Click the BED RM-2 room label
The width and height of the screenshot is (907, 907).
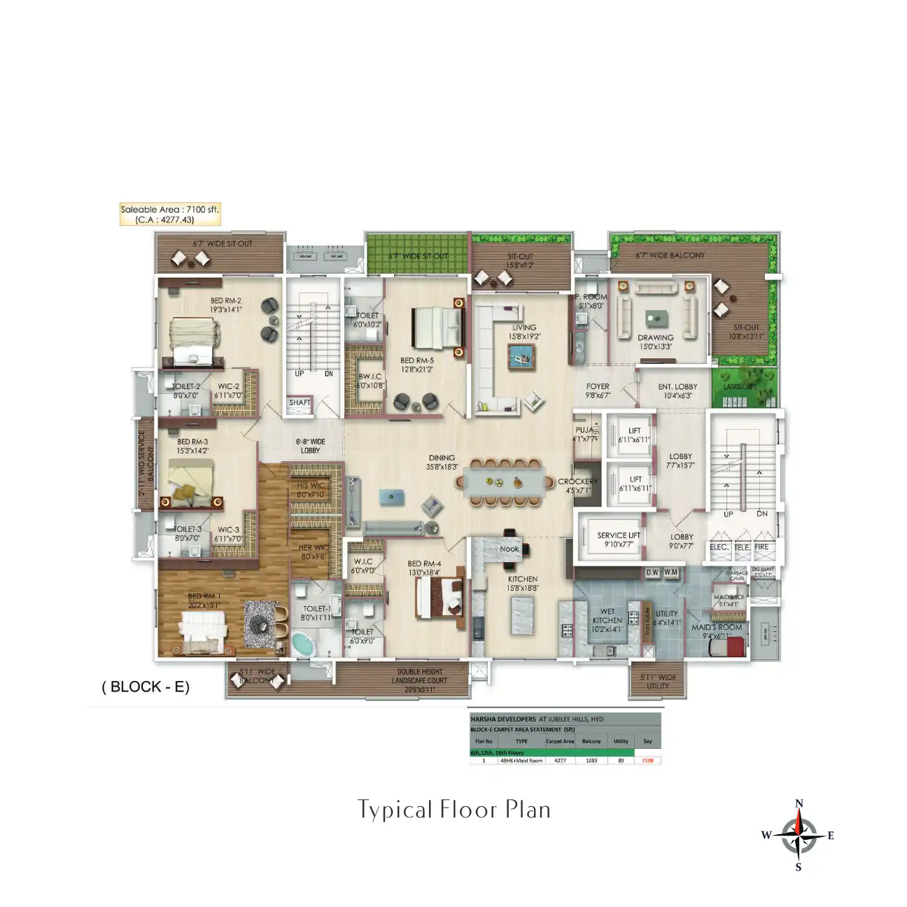pos(225,301)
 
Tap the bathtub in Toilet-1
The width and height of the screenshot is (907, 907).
pos(303,644)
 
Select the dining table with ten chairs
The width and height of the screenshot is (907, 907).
pos(501,481)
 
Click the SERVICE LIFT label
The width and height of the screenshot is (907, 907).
pos(619,535)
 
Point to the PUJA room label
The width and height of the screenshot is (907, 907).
pos(584,430)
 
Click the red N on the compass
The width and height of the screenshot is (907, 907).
pos(799,803)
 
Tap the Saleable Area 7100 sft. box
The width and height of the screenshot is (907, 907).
pos(169,214)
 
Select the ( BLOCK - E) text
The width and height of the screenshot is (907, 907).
pos(146,687)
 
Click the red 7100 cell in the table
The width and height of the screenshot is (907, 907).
pos(647,760)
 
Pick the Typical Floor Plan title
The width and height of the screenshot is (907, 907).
pos(454,810)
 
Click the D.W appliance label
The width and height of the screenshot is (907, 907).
pos(652,572)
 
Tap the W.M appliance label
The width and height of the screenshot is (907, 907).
pos(670,572)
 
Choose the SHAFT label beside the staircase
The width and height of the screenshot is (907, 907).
pos(300,402)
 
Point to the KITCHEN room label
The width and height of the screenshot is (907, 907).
pos(523,579)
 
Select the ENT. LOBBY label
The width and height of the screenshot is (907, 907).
pos(677,386)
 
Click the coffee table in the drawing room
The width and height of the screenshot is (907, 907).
pos(656,318)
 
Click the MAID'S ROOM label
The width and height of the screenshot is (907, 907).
pos(717,627)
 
